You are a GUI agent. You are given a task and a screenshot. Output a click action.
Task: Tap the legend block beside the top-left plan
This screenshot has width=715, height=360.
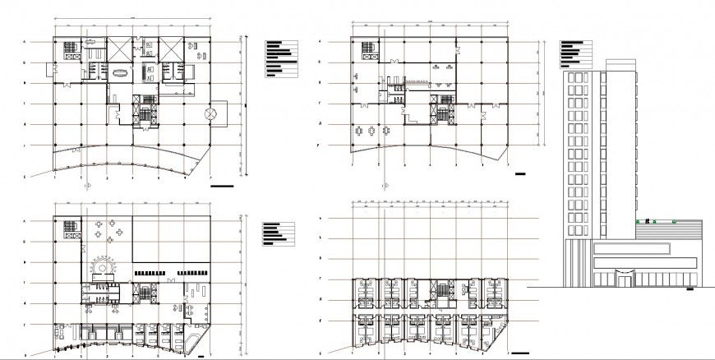pyautogui.click(x=281, y=58)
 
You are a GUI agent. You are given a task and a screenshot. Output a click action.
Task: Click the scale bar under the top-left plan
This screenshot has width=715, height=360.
pyautogui.click(x=222, y=187)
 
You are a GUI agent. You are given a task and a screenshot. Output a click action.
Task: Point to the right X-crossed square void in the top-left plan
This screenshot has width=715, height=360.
pyautogui.click(x=172, y=48)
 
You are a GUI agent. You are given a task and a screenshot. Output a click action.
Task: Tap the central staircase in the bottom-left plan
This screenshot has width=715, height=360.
pyautogui.click(x=146, y=291)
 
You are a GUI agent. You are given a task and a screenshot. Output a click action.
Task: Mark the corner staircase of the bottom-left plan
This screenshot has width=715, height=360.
pyautogui.click(x=68, y=229)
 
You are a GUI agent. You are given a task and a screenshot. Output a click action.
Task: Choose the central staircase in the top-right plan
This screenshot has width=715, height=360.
pyautogui.click(x=445, y=108)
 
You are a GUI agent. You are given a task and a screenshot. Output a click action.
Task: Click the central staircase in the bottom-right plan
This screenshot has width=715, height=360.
pyautogui.click(x=445, y=291)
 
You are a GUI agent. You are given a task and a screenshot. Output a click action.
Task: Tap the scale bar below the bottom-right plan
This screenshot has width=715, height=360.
pyautogui.click(x=519, y=353)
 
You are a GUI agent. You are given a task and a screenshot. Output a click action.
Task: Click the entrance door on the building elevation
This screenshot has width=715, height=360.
pyautogui.click(x=625, y=280)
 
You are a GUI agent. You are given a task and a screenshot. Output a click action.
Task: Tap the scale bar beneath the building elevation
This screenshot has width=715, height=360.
pyautogui.click(x=690, y=289)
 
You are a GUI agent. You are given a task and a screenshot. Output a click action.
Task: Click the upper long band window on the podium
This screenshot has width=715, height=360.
pyautogui.click(x=631, y=247)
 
